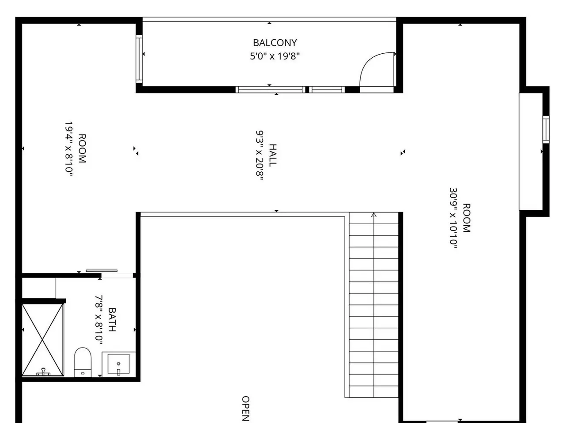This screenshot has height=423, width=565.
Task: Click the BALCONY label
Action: click(x=275, y=43)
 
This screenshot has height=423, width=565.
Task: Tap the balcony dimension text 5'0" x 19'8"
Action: click(x=275, y=56)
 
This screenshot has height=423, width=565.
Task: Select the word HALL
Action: click(x=273, y=156)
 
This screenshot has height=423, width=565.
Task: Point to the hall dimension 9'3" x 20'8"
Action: click(x=260, y=156)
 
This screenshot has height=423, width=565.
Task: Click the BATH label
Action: click(x=112, y=319)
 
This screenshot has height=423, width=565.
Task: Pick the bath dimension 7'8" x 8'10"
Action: click(x=99, y=319)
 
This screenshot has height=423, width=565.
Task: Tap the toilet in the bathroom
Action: click(x=83, y=362)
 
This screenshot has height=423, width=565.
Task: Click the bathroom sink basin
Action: click(x=118, y=364)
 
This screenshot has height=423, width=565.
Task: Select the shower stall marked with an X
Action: click(x=43, y=340)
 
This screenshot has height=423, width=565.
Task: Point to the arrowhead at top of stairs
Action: click(x=374, y=215)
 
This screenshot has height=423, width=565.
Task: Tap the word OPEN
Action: click(x=245, y=408)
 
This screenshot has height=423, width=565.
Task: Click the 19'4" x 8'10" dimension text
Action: click(x=69, y=148)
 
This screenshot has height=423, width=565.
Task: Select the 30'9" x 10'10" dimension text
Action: click(x=453, y=218)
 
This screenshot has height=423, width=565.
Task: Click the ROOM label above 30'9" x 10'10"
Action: click(x=467, y=218)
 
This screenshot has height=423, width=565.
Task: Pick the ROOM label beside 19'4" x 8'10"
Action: click(x=82, y=148)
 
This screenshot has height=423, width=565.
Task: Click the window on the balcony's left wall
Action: click(x=139, y=59)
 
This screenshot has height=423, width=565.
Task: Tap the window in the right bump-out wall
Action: click(x=546, y=130)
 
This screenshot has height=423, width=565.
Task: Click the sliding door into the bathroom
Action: click(x=102, y=271)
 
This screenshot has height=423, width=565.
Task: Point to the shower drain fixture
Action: click(x=43, y=371)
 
